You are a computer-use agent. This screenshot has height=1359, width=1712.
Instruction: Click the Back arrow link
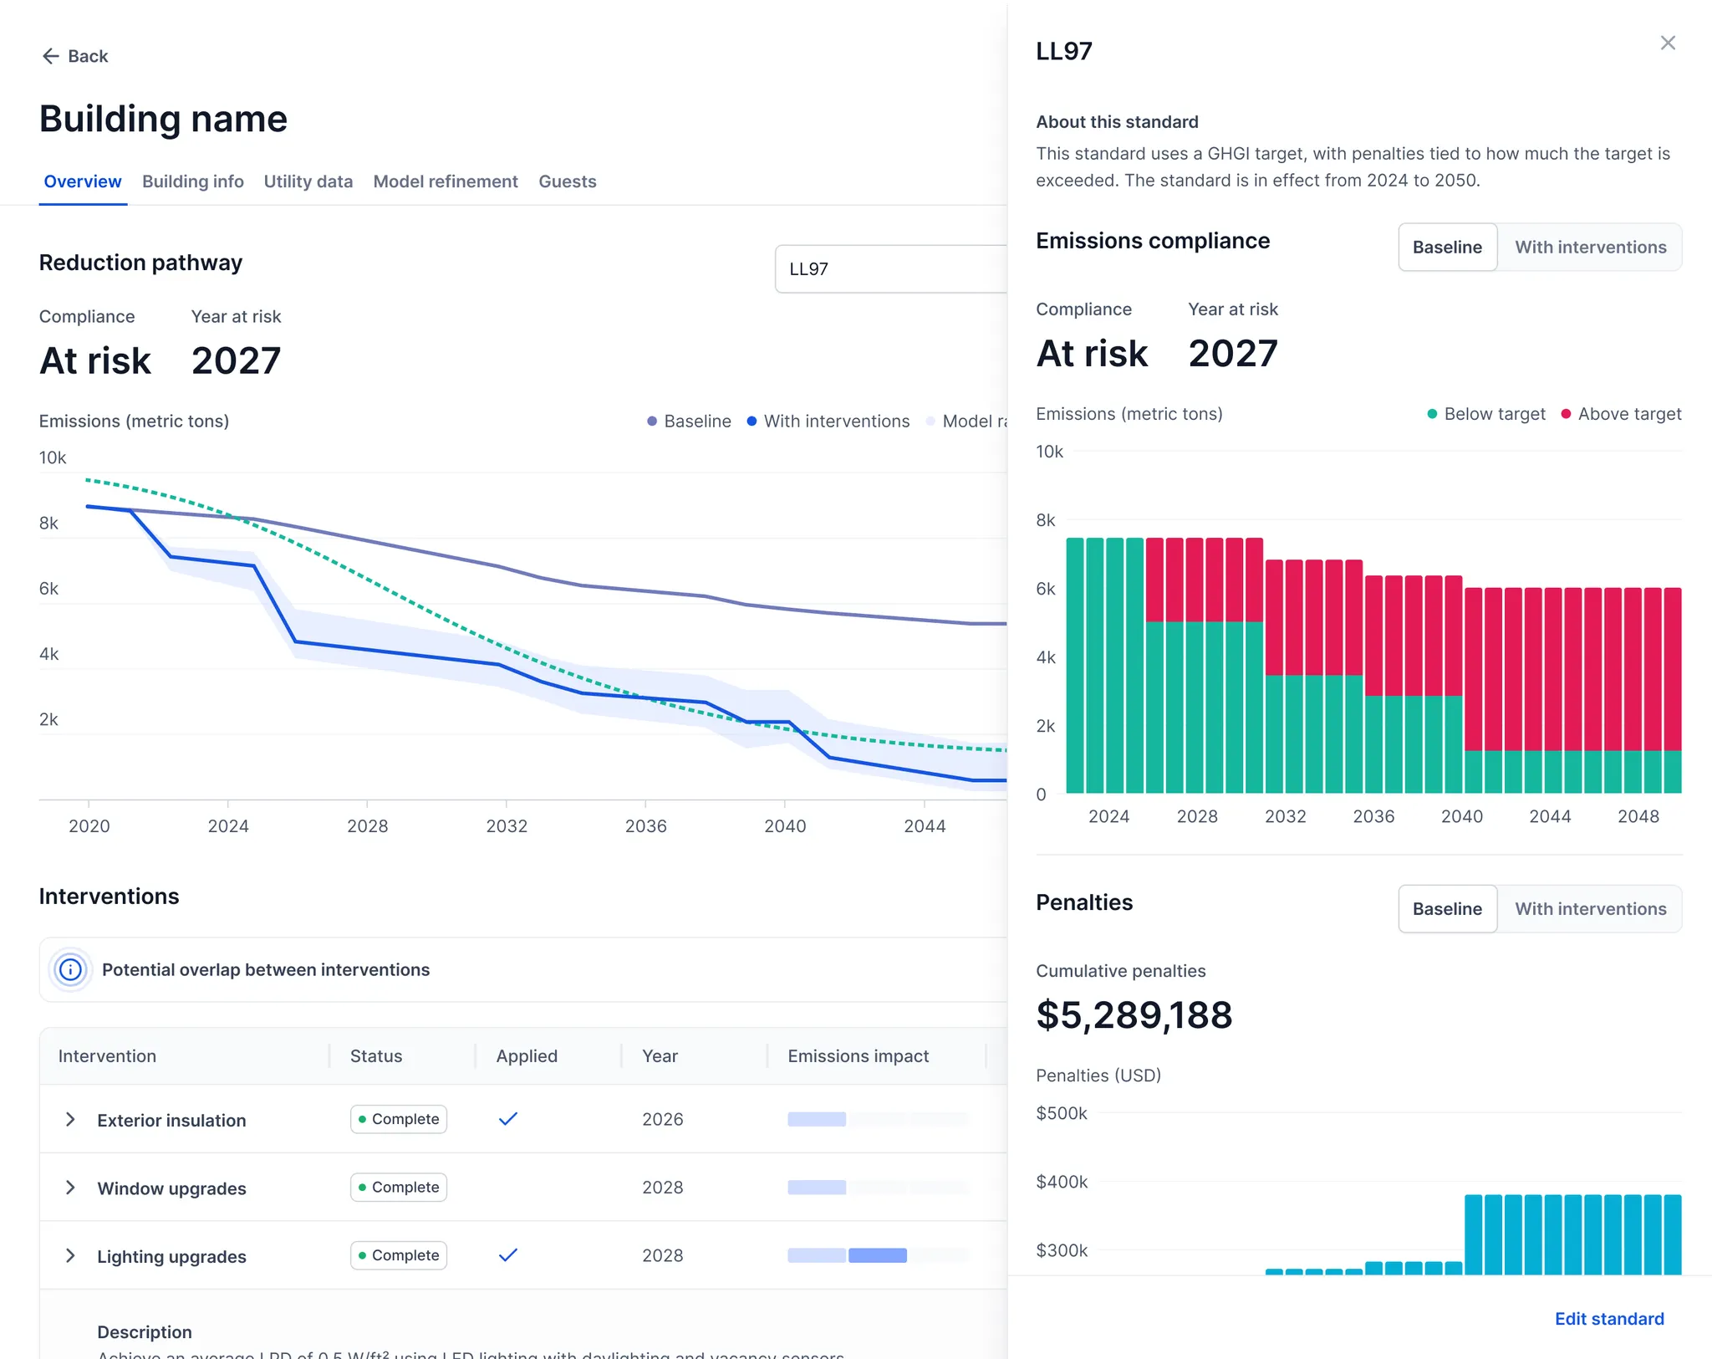(74, 56)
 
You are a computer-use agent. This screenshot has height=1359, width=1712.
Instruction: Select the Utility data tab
(308, 181)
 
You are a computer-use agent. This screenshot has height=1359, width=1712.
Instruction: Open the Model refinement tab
(445, 181)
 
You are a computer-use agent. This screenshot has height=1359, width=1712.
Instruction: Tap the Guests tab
(567, 181)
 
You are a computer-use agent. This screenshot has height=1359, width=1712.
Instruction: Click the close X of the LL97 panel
(1668, 43)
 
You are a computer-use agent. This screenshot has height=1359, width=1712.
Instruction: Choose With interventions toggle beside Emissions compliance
(1590, 248)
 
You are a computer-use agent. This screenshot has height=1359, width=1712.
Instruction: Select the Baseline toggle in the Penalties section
(1447, 909)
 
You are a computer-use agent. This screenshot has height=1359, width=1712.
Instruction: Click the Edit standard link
(1609, 1319)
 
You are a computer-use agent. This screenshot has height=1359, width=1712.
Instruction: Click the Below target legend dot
(1432, 414)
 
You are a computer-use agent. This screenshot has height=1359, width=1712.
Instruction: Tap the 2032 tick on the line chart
(507, 826)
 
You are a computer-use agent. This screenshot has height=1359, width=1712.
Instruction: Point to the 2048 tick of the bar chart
(1638, 816)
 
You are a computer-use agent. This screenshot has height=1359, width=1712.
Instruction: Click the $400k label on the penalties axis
(1062, 1182)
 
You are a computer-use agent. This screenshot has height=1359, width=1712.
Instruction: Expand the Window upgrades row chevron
(70, 1188)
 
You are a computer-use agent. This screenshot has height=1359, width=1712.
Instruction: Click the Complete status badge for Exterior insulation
(399, 1119)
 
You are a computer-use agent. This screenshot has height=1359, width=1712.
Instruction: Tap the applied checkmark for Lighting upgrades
(508, 1254)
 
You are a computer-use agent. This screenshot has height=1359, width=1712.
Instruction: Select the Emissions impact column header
(858, 1056)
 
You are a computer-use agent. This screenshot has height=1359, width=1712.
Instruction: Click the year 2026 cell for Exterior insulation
(662, 1119)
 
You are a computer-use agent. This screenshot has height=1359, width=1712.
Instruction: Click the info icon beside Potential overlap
(70, 969)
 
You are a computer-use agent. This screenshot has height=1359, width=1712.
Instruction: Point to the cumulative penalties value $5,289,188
(1134, 1015)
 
